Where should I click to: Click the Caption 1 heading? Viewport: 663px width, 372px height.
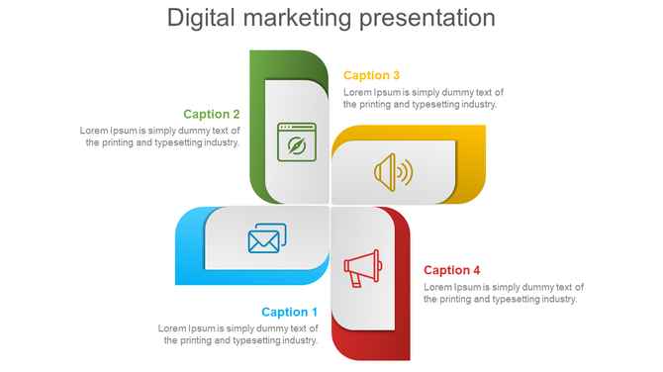[x=290, y=312]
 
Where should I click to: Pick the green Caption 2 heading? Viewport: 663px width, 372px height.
[x=212, y=114]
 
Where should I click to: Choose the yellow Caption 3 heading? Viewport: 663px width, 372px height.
[x=371, y=75]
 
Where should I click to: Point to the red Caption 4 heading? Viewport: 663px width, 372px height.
[x=452, y=270]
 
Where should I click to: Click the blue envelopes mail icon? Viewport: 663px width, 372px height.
[x=266, y=238]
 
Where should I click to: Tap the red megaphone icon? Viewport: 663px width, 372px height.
[x=361, y=266]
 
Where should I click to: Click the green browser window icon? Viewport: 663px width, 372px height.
[x=296, y=141]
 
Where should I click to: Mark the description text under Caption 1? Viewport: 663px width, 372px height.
[x=239, y=334]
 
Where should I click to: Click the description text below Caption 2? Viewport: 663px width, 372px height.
[x=160, y=136]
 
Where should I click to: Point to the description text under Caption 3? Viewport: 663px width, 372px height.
[x=424, y=98]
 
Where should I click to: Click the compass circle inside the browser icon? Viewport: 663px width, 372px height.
[x=296, y=146]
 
